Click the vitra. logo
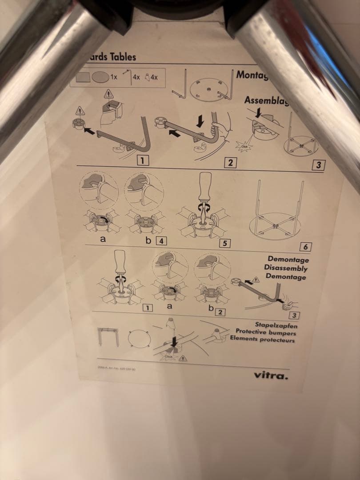click(x=271, y=376)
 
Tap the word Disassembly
click(x=285, y=268)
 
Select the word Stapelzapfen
click(x=276, y=325)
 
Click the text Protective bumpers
click(x=265, y=332)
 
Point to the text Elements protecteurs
click(x=262, y=340)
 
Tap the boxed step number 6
click(x=305, y=247)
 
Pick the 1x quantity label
click(x=114, y=77)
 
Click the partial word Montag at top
click(x=252, y=75)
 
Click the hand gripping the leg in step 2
click(x=216, y=131)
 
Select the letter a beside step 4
click(x=103, y=239)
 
